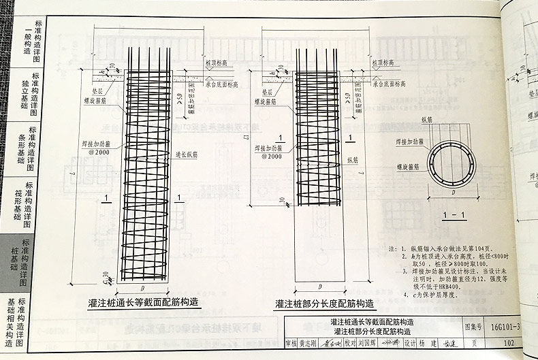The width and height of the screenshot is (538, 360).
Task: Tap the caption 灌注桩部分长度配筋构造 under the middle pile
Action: tap(325, 304)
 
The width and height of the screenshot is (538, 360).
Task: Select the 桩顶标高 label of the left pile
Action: tap(216, 62)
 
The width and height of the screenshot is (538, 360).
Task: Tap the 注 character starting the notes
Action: tap(390, 249)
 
